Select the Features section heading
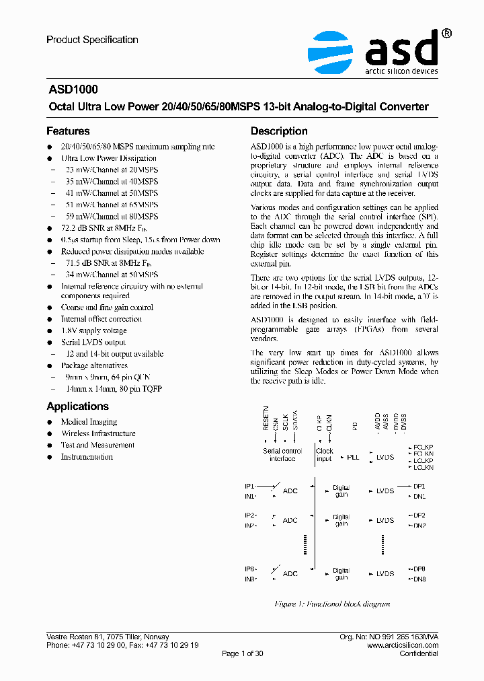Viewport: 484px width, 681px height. click(x=68, y=131)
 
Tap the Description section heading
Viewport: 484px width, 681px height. click(x=279, y=131)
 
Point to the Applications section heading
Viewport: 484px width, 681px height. click(x=77, y=406)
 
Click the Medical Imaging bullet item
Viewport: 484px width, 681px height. click(x=89, y=422)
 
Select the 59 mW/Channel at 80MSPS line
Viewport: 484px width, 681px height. click(x=110, y=217)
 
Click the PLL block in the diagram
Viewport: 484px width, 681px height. click(x=353, y=457)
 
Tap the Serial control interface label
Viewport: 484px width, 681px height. click(x=282, y=455)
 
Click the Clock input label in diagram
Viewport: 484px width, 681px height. click(x=325, y=455)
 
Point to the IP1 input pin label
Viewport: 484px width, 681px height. click(x=249, y=485)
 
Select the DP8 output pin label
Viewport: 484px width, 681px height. click(x=419, y=569)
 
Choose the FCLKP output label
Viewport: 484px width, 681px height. click(x=423, y=446)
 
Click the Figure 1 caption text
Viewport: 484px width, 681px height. click(x=332, y=604)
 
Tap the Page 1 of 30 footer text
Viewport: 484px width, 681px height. click(x=242, y=654)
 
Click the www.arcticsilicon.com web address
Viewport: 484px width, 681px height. click(x=403, y=645)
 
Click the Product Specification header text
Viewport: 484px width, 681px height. click(x=92, y=40)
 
